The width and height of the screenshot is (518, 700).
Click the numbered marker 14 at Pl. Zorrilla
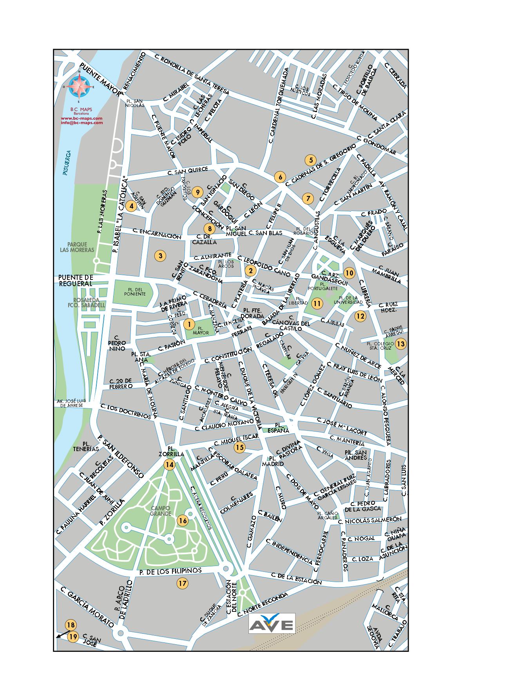coord(169,465)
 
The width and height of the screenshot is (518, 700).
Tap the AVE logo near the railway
coord(272,623)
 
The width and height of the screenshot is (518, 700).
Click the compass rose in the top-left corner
coord(81,87)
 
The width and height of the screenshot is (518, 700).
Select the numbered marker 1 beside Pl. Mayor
coord(189,324)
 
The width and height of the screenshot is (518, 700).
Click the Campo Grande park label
coord(161,511)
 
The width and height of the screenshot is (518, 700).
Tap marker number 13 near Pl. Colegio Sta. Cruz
coord(400,344)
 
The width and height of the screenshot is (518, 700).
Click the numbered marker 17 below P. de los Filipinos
coord(182,583)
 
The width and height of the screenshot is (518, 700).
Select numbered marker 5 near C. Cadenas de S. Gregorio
coord(310,160)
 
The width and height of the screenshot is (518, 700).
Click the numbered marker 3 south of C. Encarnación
coord(160,256)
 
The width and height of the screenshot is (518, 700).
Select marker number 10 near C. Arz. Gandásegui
coord(349,273)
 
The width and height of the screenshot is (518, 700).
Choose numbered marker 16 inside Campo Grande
coord(183,520)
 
